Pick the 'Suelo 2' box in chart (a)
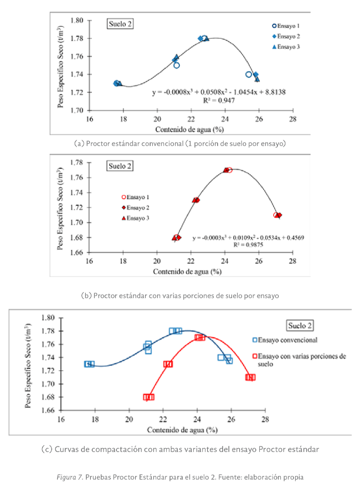point(120,24)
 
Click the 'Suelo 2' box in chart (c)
point(300,325)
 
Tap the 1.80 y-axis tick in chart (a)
point(77,20)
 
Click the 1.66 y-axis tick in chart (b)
point(77,252)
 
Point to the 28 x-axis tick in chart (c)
point(265,419)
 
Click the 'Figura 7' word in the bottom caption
point(73,477)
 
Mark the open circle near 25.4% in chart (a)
point(249,75)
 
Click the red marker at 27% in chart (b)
point(277,215)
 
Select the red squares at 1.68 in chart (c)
point(148,397)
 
